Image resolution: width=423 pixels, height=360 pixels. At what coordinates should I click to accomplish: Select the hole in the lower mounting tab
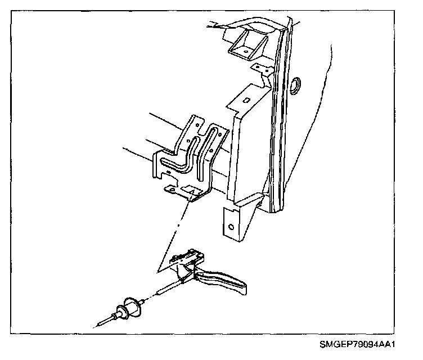[231, 228]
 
